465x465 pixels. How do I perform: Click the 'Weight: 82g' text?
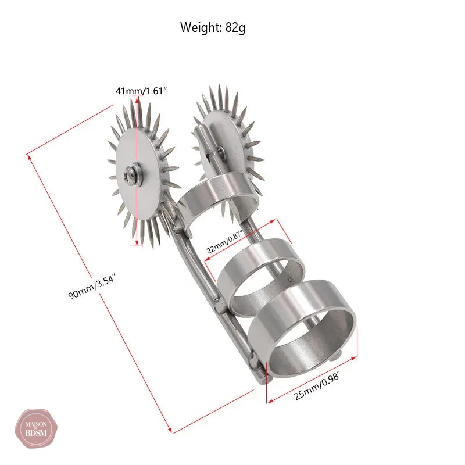pos(213,27)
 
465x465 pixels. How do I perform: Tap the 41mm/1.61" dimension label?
pos(141,91)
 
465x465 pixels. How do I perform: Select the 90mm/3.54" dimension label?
pos(91,287)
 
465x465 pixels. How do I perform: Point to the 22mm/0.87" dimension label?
pos(224,243)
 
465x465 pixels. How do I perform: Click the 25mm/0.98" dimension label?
pos(317,386)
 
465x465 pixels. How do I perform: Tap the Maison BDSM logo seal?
pos(36,428)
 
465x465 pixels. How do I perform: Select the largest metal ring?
pos(302,329)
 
